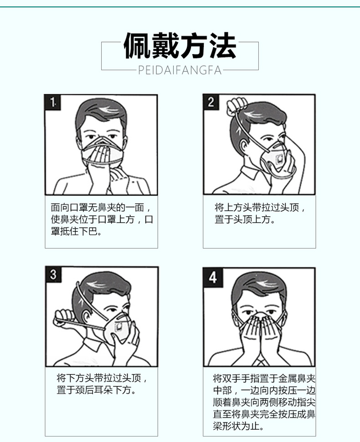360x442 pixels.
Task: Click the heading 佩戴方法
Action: tap(180, 45)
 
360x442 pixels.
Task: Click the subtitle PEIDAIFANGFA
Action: tap(180, 70)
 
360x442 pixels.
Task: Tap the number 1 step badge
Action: tap(53, 102)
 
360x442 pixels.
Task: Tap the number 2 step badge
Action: tap(211, 102)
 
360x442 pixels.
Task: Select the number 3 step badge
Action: tap(53, 274)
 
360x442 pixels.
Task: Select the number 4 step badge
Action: tap(213, 277)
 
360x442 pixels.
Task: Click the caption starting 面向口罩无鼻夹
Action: tap(102, 219)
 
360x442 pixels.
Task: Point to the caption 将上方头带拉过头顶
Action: tap(260, 213)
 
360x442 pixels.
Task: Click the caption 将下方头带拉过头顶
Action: tap(102, 384)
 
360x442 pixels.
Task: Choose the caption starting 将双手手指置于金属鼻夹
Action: tap(264, 402)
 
